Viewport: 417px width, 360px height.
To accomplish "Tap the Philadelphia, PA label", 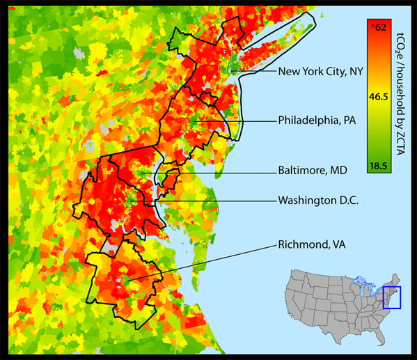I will [317, 120].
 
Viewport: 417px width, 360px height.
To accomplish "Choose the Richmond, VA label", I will [312, 244].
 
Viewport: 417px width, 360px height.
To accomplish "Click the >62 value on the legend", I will [379, 27].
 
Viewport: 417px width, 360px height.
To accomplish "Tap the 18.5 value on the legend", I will [378, 165].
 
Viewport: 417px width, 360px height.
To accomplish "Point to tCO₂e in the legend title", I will [402, 42].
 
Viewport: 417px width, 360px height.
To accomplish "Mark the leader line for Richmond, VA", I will [202, 262].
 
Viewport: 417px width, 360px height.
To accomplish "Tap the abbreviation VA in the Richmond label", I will [338, 244].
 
